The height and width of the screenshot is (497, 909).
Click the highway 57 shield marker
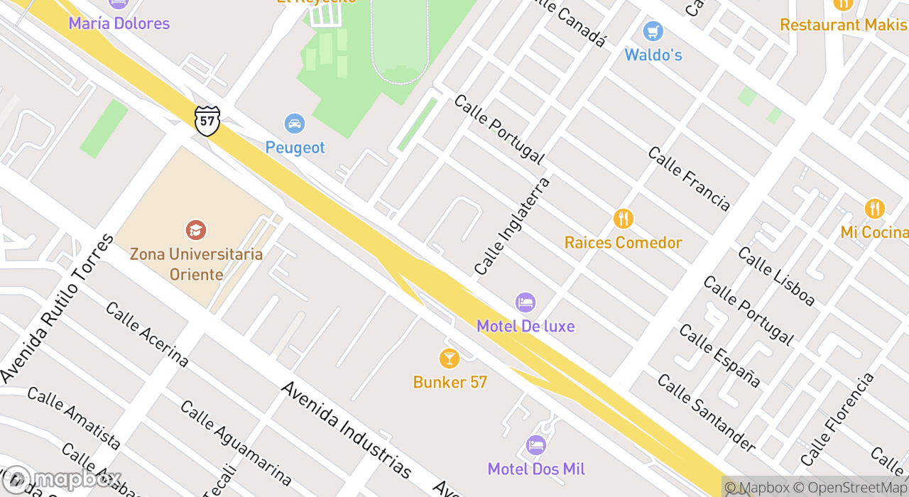point(207,120)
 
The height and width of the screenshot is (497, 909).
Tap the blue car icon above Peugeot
point(295,124)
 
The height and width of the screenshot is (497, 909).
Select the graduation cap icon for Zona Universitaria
point(195,230)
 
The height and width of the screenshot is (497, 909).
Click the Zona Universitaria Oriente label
point(196,264)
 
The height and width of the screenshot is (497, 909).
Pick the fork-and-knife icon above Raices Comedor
point(624,219)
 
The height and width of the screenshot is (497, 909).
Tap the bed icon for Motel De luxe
point(526,302)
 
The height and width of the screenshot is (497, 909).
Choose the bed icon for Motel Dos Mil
point(536,445)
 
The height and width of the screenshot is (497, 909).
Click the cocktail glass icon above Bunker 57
point(450,358)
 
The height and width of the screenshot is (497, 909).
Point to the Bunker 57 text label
point(450,382)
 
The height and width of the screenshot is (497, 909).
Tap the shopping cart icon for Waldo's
point(653,31)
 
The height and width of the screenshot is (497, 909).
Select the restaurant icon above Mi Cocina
point(875,209)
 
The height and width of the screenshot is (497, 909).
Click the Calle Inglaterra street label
point(512,226)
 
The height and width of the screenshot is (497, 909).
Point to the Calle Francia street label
point(688,179)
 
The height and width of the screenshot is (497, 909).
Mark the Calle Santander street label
point(706,413)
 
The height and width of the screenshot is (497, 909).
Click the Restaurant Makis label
point(844,25)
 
